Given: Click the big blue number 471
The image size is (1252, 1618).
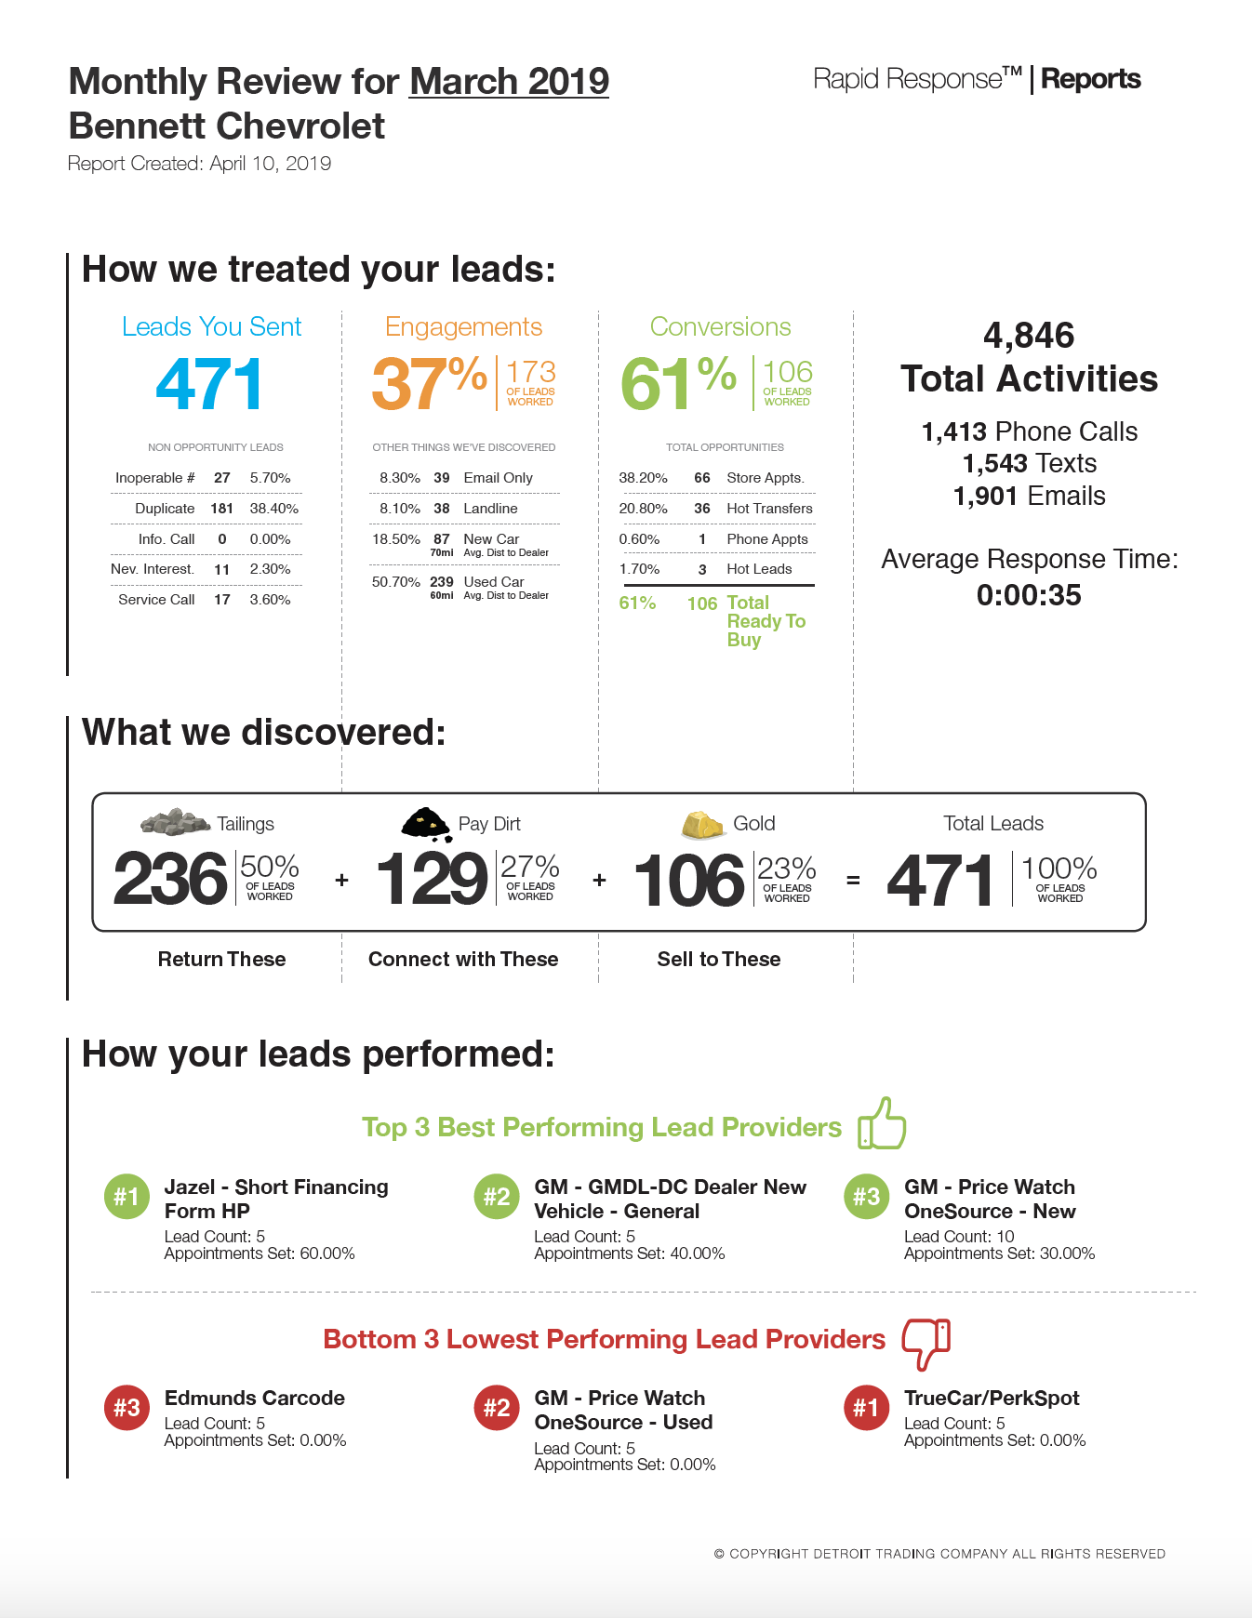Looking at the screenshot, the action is [x=209, y=385].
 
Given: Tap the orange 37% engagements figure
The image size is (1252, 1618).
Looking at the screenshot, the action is [x=429, y=383].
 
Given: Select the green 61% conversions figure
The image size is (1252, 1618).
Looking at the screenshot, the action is [x=678, y=383].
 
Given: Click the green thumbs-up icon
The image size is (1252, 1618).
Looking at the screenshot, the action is [x=882, y=1123].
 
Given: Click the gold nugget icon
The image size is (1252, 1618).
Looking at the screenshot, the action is [x=702, y=824].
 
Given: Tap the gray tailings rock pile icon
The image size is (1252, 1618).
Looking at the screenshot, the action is [x=175, y=822].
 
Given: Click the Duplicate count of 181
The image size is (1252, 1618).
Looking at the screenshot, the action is [x=221, y=509].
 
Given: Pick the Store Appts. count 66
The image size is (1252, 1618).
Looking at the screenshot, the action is [x=702, y=478].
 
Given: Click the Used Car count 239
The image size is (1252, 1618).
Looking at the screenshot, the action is [x=442, y=582].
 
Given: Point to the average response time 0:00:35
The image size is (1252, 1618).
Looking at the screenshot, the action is [x=1029, y=595].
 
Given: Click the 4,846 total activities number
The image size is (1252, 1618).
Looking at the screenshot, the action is [x=1029, y=336].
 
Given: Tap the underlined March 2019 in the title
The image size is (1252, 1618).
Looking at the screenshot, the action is [x=509, y=82].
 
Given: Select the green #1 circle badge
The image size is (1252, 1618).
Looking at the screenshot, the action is [x=127, y=1197].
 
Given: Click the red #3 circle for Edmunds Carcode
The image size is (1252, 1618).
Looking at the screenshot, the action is [x=127, y=1408].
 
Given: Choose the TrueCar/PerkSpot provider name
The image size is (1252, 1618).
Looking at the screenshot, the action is [x=992, y=1399].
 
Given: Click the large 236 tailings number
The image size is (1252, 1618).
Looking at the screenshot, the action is [x=170, y=880].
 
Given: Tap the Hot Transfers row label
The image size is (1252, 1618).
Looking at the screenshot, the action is [x=769, y=509].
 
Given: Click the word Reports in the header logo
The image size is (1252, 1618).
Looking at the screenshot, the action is [x=1091, y=79].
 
